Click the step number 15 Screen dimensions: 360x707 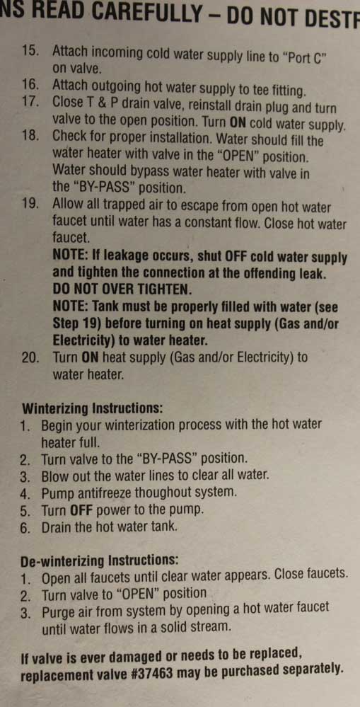click(32, 50)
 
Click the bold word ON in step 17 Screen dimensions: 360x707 click(238, 122)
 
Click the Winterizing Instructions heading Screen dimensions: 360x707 click(93, 408)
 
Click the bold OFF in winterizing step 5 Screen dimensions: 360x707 click(83, 510)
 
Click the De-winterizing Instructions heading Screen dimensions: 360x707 click(100, 561)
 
